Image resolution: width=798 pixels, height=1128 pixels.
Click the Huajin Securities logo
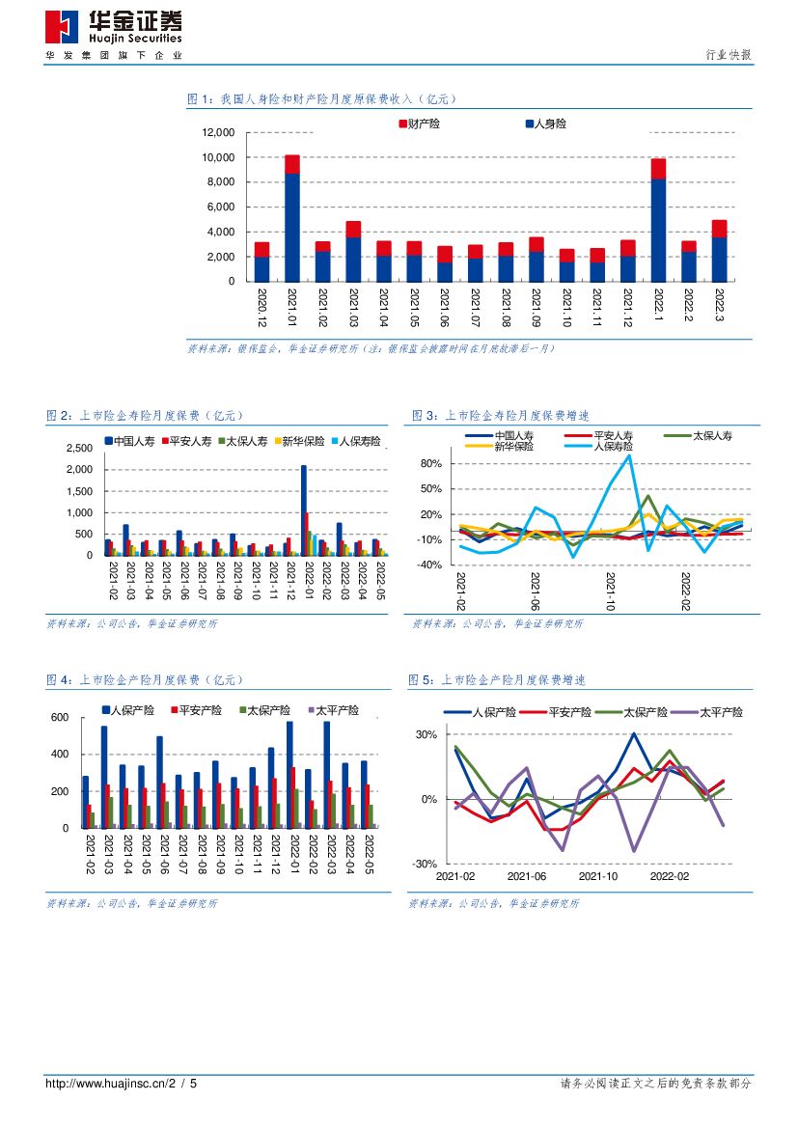tap(113, 28)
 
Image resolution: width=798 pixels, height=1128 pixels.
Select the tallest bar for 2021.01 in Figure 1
tap(292, 217)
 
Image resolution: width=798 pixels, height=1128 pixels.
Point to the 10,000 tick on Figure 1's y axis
tap(218, 157)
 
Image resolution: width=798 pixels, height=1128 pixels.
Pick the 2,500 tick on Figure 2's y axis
tap(79, 449)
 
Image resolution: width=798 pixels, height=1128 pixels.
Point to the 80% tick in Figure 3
tap(430, 464)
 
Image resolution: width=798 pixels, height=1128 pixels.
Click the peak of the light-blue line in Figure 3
tap(629, 456)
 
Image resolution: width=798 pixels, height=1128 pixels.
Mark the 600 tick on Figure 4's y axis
tap(60, 718)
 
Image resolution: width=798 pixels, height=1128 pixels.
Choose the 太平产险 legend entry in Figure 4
tap(333, 710)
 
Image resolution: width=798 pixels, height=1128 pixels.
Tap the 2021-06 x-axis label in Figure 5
tap(527, 876)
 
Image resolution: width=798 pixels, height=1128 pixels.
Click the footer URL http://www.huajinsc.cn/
tap(109, 1084)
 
